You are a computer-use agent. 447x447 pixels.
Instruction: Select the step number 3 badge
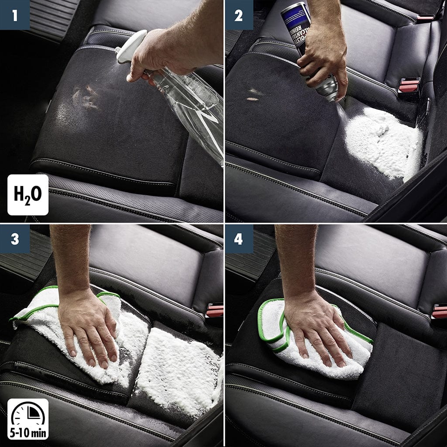[x=15, y=239]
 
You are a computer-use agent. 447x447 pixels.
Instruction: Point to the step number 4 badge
[x=239, y=239]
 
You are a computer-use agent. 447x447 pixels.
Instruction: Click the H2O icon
[x=28, y=195]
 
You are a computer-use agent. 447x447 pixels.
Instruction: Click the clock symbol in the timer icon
[x=28, y=415]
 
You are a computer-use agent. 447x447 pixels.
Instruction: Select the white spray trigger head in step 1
[x=130, y=46]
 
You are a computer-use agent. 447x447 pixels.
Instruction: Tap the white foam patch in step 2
[x=384, y=142]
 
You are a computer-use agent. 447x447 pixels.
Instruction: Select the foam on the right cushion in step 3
[x=179, y=367]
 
